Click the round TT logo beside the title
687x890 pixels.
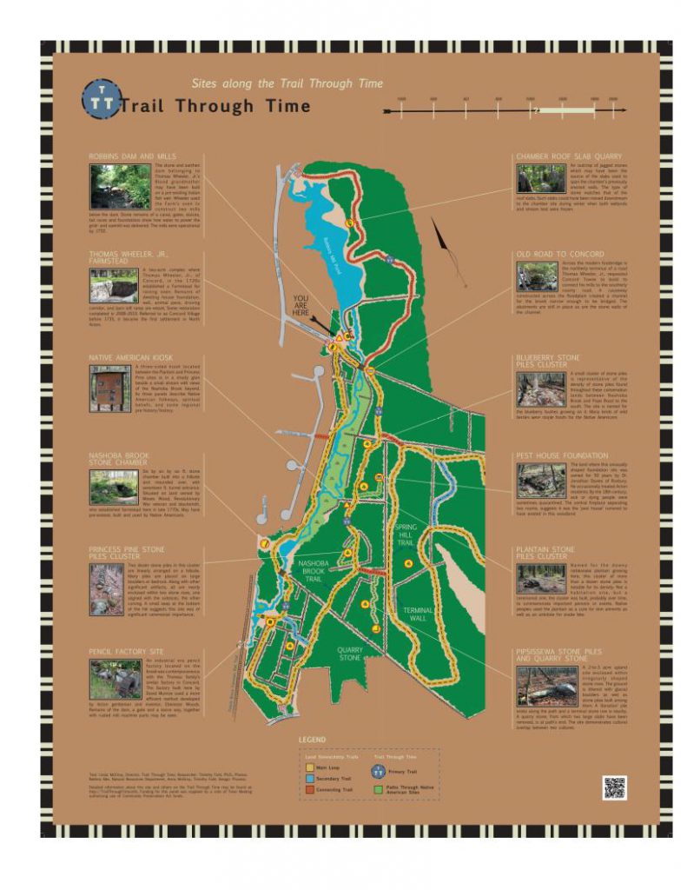97,100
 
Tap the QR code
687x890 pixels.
614,787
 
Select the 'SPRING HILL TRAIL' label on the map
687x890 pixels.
408,535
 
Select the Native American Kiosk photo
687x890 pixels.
109,386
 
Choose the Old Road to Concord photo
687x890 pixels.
537,276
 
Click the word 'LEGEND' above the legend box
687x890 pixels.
313,740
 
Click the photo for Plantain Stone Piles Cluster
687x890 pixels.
537,579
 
